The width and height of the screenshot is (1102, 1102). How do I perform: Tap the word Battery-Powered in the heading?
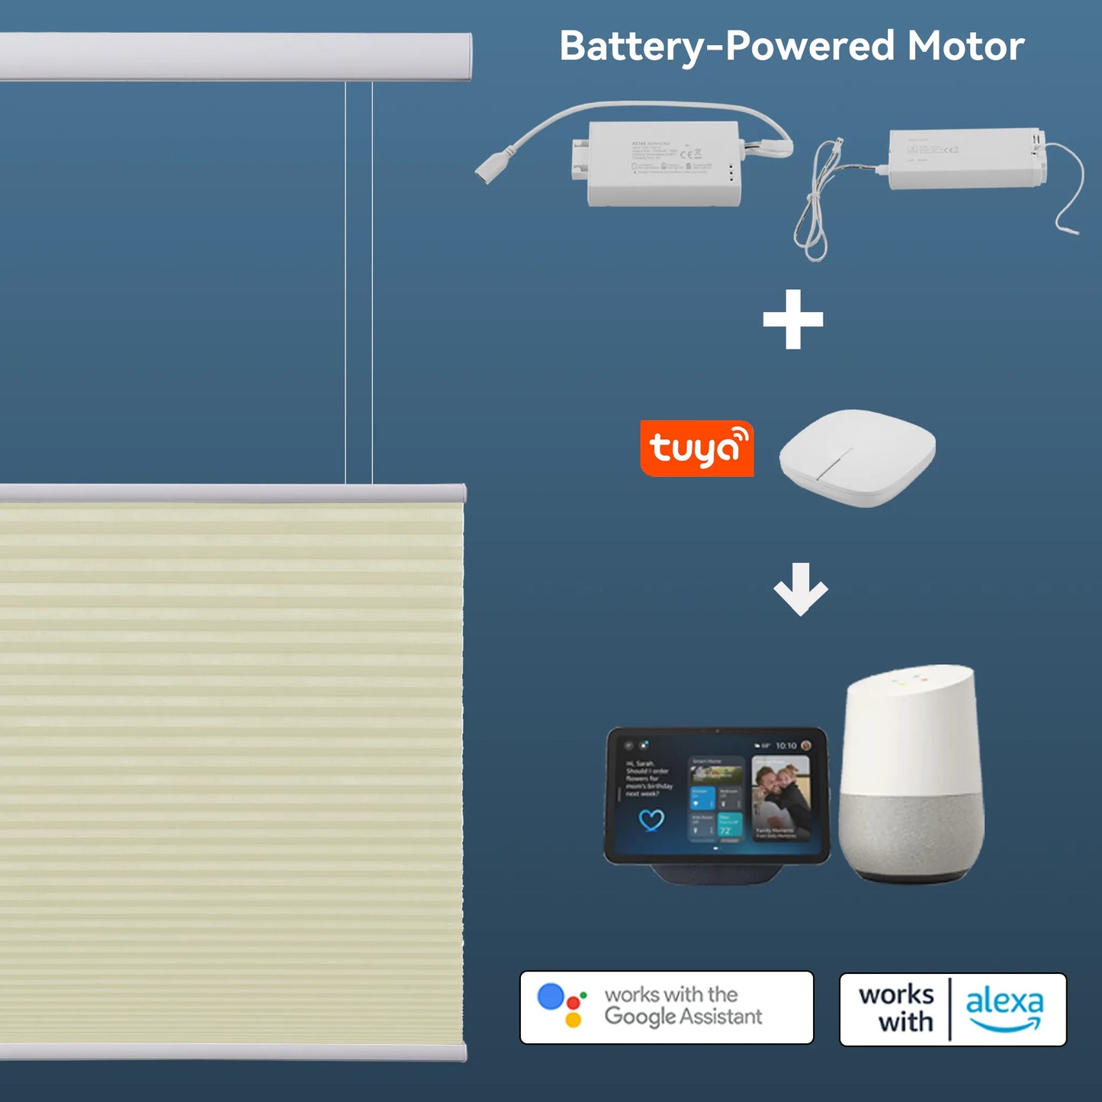[726, 47]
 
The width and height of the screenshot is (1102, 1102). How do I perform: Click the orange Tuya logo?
[696, 448]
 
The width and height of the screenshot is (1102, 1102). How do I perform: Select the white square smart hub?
[857, 457]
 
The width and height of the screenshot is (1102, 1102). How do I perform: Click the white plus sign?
[793, 319]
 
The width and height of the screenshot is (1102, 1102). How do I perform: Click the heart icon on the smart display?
[651, 821]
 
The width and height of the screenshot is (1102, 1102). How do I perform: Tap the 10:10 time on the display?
[786, 746]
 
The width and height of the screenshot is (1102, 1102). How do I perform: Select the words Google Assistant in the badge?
[683, 1017]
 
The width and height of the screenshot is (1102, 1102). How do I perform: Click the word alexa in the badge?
[1004, 1002]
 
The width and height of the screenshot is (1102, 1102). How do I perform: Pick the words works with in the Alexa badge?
[897, 1008]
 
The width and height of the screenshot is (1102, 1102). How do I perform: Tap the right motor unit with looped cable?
[965, 158]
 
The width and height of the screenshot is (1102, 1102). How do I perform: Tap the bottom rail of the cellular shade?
[233, 1052]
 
